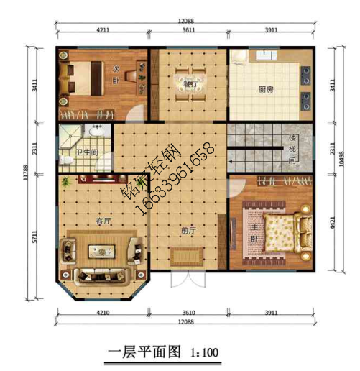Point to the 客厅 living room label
click(103, 221)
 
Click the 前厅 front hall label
click(188, 231)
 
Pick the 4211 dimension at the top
click(102, 31)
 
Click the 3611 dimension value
click(189, 31)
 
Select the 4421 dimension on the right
click(331, 224)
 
